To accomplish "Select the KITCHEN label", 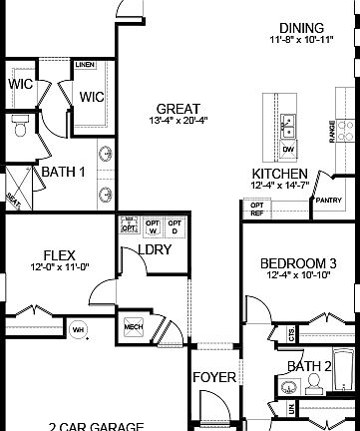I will point(279,173).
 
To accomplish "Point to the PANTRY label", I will point(328,200).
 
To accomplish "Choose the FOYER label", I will point(213,377).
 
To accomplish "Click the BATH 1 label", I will point(62,172).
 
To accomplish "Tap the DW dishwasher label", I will point(289,150).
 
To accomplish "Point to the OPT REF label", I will point(257,209).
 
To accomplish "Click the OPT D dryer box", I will point(175,225).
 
